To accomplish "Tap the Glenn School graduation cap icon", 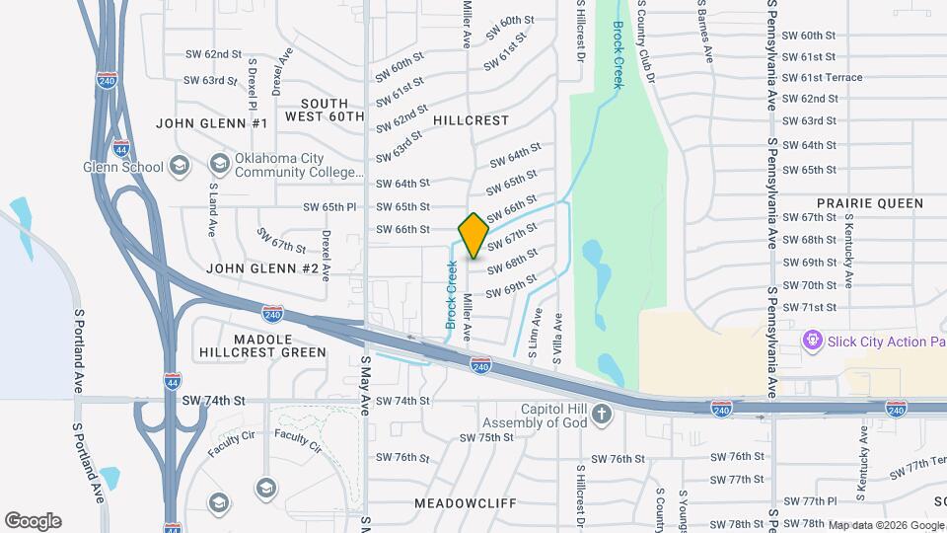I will pos(179,166).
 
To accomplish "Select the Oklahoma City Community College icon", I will pos(218,163).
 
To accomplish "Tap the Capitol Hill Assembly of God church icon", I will pos(604,416).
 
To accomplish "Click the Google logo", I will pos(33,521).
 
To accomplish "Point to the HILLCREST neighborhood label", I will pos(471,120).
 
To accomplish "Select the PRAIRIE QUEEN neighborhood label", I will pos(869,203).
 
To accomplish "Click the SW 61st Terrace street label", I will pos(822,78).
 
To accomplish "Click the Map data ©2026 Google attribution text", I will pos(886,525).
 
